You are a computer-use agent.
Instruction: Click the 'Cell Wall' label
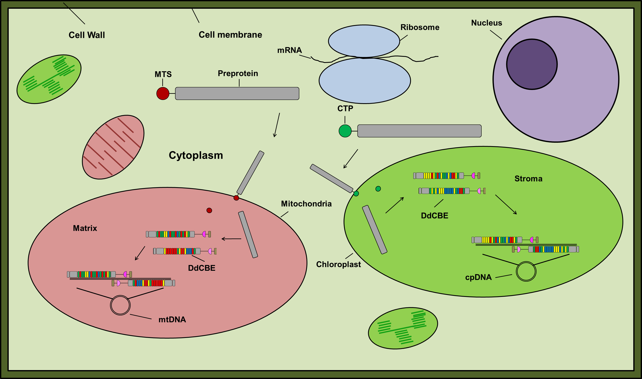(87, 35)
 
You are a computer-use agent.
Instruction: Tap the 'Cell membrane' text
(230, 35)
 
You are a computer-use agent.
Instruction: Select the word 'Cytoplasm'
(196, 155)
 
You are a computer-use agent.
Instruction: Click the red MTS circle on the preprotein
(163, 93)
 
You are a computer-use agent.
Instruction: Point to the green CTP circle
(345, 131)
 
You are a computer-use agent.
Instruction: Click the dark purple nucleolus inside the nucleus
(532, 64)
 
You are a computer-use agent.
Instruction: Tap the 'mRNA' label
(289, 50)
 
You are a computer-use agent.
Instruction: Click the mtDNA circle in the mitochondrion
(120, 305)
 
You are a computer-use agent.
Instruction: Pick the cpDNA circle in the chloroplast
(526, 271)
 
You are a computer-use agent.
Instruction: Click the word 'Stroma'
(528, 178)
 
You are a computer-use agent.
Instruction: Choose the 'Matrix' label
(85, 228)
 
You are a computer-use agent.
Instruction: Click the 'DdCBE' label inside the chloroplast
(434, 215)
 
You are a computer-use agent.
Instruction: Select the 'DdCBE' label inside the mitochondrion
(201, 268)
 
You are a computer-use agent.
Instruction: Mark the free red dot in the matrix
(209, 210)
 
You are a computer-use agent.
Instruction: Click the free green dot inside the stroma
(378, 189)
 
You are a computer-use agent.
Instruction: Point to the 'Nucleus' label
(486, 23)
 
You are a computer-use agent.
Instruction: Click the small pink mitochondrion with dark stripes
(113, 147)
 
